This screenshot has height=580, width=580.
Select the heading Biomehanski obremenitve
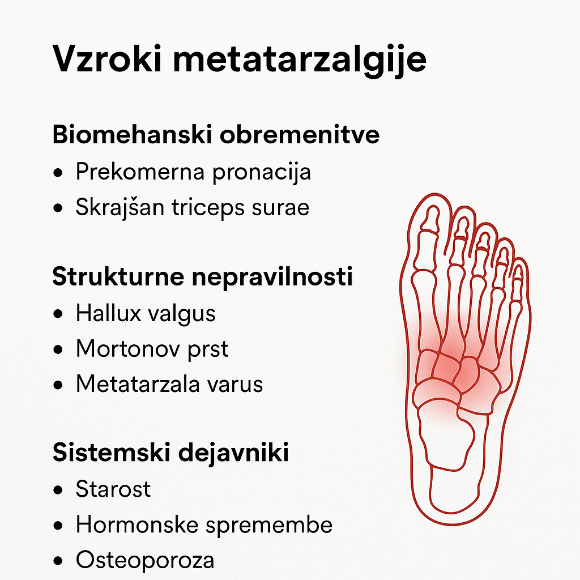point(216,136)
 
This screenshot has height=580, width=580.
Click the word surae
point(283,208)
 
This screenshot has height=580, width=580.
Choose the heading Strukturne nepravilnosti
point(203,278)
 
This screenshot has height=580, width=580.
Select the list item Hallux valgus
point(146,313)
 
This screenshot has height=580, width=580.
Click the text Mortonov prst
point(152,349)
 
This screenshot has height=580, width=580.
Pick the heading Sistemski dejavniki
point(170,454)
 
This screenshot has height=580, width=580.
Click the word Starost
point(113,489)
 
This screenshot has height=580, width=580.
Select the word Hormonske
point(137,525)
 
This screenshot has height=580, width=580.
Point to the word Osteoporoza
point(145,561)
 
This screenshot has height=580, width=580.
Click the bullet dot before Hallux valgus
point(58,314)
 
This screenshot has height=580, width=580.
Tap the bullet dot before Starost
point(58,490)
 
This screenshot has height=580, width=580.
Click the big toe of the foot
point(431,227)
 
